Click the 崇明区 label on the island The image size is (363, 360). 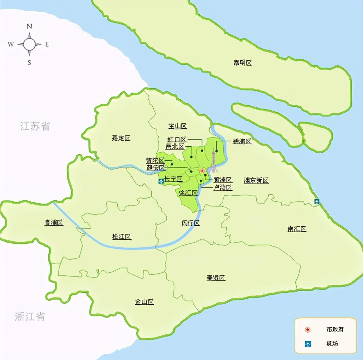coord(243,63)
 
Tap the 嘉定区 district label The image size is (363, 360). coord(121,138)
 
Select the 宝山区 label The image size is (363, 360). coord(177,126)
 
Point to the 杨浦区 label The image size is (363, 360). coord(242,141)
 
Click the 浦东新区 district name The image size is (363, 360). coord(256,180)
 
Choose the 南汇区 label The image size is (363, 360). coord(297,229)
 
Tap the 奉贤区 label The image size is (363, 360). coord(216,278)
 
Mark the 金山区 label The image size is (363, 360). coord(144,302)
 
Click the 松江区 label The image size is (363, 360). coord(121,237)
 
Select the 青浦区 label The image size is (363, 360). coord(54,222)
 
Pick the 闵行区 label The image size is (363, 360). coord(191,223)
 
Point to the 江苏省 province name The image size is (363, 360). coord(35,126)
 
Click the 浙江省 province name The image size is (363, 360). coord(30,316)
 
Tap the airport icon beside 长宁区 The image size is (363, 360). coord(161,181)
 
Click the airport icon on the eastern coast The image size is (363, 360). coord(317,201)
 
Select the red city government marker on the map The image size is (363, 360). coord(202,171)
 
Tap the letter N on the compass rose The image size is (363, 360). coord(29,26)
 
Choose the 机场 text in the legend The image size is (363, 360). coord(332,344)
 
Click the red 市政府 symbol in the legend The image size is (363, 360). coord(308,330)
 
